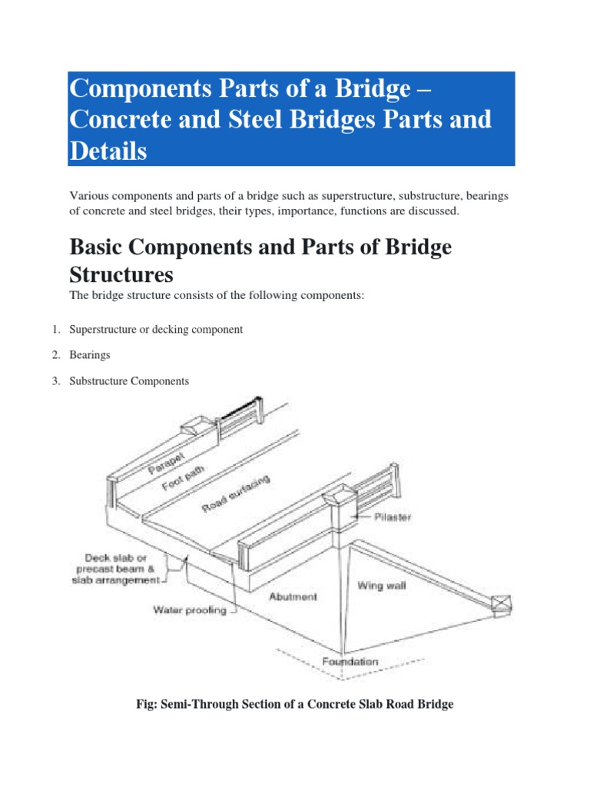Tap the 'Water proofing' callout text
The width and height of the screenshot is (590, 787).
click(189, 611)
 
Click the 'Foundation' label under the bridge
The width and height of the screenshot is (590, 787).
click(350, 661)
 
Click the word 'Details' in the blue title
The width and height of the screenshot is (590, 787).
click(108, 151)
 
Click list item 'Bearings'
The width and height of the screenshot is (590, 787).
click(90, 355)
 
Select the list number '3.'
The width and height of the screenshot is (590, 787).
click(56, 381)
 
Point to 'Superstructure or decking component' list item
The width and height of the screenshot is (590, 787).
click(156, 329)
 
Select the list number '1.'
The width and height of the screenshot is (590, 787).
click(56, 329)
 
